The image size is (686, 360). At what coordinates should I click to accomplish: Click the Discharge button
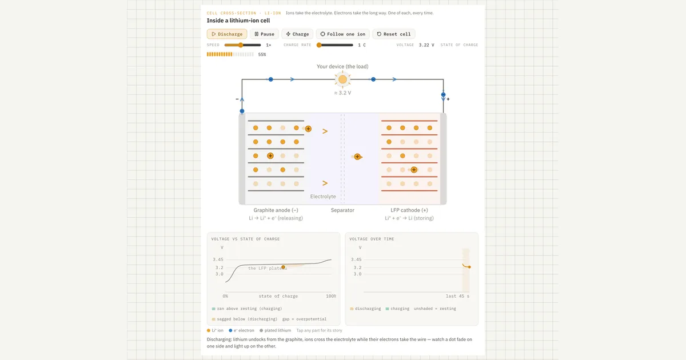point(227,34)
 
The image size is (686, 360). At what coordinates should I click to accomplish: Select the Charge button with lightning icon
point(297,34)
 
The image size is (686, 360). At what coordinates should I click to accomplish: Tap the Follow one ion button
point(342,34)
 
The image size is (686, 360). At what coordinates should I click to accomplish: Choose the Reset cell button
point(393,34)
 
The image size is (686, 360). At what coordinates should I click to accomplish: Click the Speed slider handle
point(241,45)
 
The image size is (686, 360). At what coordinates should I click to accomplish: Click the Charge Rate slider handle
point(319,45)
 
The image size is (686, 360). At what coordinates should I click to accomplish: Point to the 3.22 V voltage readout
point(426,45)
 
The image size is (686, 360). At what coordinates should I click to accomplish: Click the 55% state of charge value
point(262,54)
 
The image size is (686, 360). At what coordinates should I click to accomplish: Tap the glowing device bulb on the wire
point(342,79)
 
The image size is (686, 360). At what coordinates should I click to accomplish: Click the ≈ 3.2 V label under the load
point(342,93)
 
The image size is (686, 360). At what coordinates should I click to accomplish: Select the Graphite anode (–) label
point(276,210)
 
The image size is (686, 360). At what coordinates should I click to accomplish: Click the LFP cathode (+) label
point(409,210)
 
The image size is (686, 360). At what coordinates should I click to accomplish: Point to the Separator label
point(342,210)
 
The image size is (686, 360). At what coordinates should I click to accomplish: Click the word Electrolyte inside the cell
point(323,197)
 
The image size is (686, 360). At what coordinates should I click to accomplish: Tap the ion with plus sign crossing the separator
point(357,157)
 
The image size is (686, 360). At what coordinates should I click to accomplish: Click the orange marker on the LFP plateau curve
point(284,267)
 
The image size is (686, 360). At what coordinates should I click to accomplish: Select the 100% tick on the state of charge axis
point(331,296)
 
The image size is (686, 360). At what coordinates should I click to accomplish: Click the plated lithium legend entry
point(275,330)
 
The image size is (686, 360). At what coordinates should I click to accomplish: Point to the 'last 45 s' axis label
point(457,296)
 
